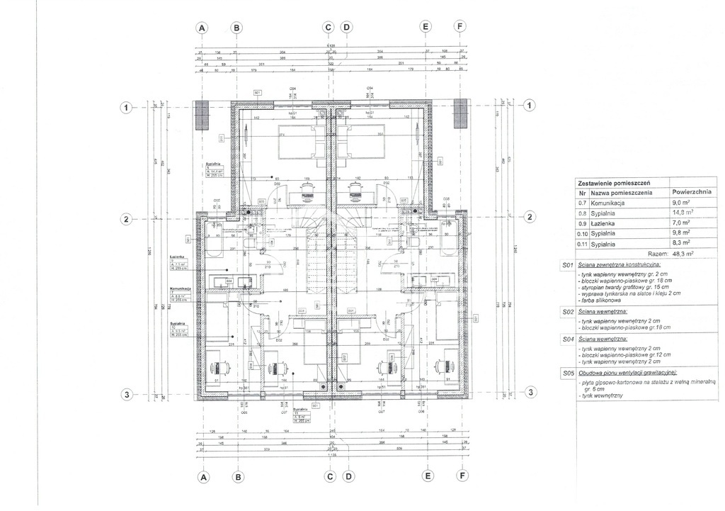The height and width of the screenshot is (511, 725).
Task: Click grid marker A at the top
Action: coord(202,28)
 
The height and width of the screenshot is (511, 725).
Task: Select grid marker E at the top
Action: coord(426,28)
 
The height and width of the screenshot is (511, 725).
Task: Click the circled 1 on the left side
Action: coord(125,107)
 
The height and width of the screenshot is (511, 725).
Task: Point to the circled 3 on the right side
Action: coord(531,393)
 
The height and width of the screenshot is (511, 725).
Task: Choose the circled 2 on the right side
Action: coord(531,217)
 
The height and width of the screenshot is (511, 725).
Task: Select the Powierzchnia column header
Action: coord(692,192)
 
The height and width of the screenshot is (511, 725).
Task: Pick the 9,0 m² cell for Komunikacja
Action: coord(682,202)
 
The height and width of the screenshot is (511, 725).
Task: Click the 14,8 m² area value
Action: coord(683,212)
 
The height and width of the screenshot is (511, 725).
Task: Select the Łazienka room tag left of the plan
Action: coord(177,258)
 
